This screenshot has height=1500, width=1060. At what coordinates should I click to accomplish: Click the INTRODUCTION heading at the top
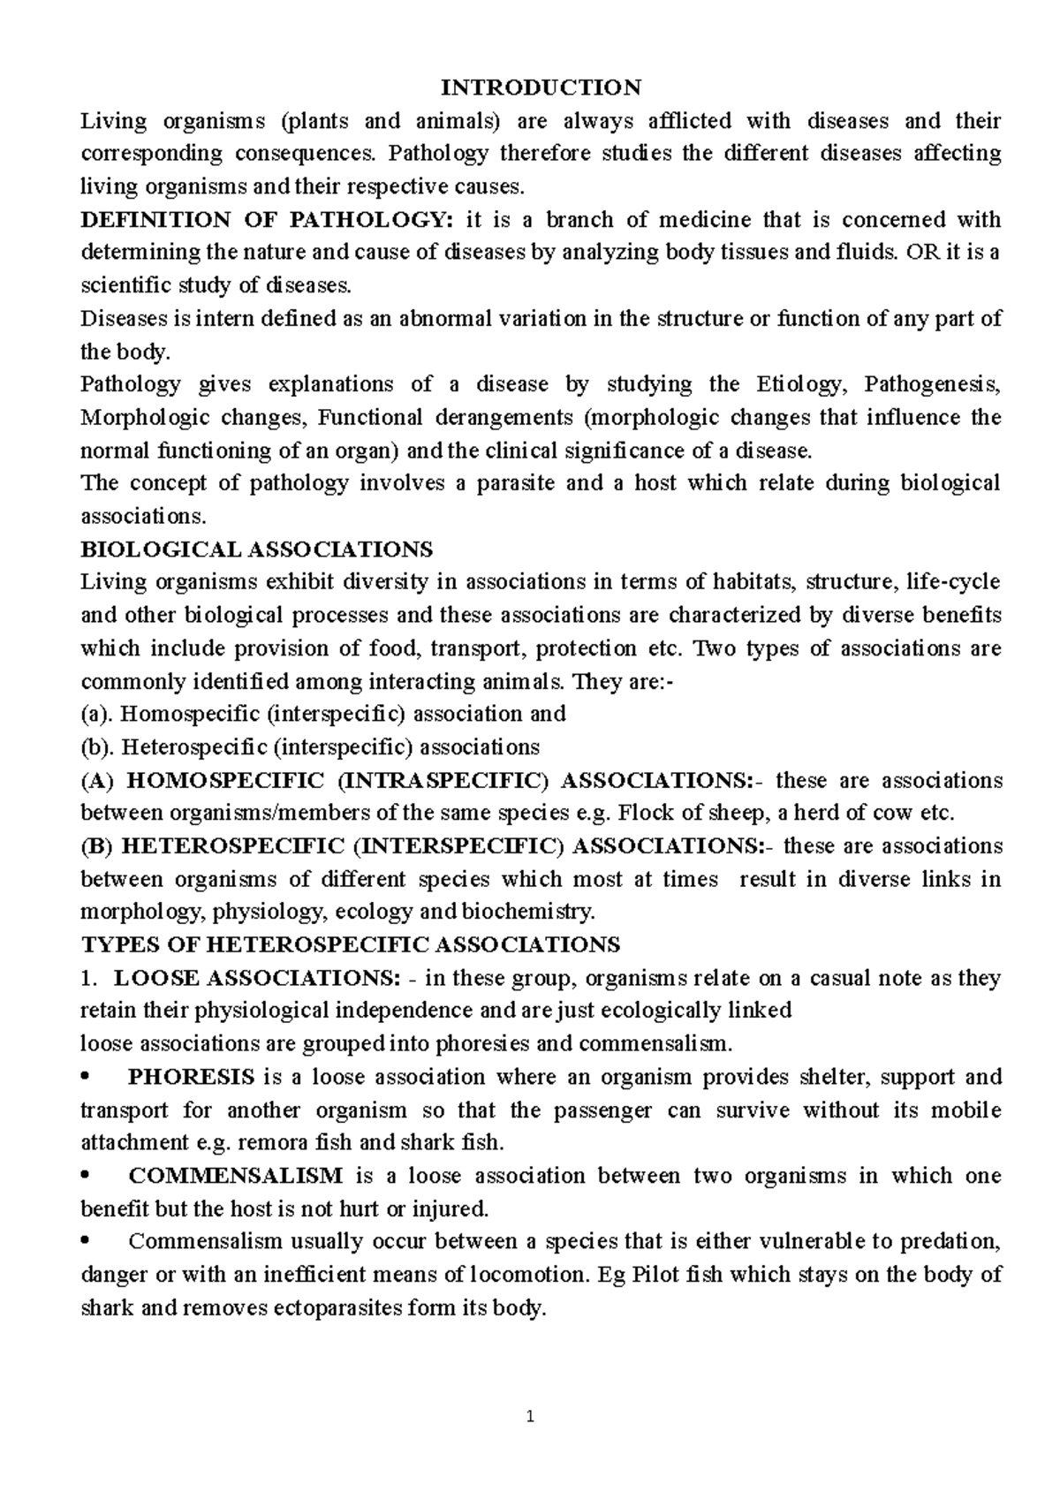pos(541,87)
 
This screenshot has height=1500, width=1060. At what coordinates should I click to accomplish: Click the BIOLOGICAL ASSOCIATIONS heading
pos(256,549)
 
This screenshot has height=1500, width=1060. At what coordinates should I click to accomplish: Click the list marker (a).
pos(97,714)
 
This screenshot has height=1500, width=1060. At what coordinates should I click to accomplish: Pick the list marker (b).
pos(98,747)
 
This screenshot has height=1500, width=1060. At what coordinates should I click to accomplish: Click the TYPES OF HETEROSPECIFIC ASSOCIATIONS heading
pos(350,945)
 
